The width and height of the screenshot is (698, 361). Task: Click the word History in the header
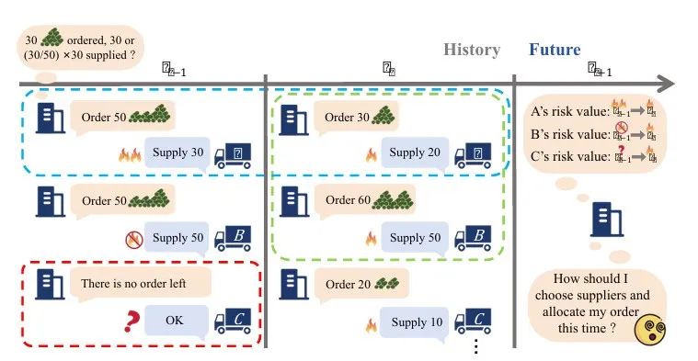click(472, 51)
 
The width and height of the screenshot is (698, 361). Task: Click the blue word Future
click(555, 51)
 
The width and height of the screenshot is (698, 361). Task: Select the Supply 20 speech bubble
click(415, 152)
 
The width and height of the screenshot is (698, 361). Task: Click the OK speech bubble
click(175, 322)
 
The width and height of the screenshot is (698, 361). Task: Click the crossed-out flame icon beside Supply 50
click(132, 239)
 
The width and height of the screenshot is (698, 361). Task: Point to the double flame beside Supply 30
click(127, 154)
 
